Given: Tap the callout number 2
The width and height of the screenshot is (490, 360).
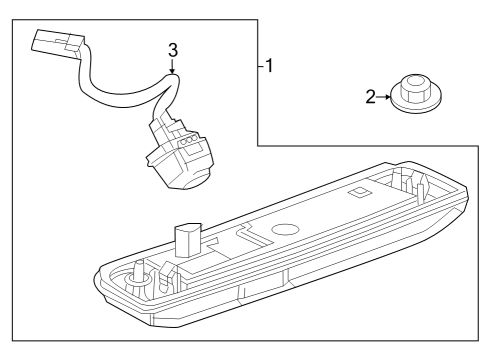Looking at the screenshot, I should pyautogui.click(x=370, y=97).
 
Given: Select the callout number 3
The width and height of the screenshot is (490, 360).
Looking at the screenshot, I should pyautogui.click(x=172, y=49).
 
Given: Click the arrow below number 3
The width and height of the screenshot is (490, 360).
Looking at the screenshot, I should pyautogui.click(x=172, y=69).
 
